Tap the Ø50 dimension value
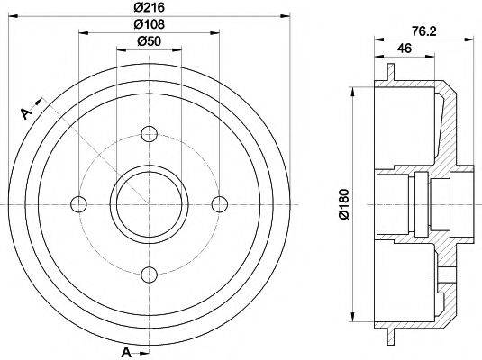pyautogui.click(x=150, y=41)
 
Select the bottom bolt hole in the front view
pyautogui.click(x=150, y=274)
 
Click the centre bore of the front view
pyautogui.click(x=150, y=202)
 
